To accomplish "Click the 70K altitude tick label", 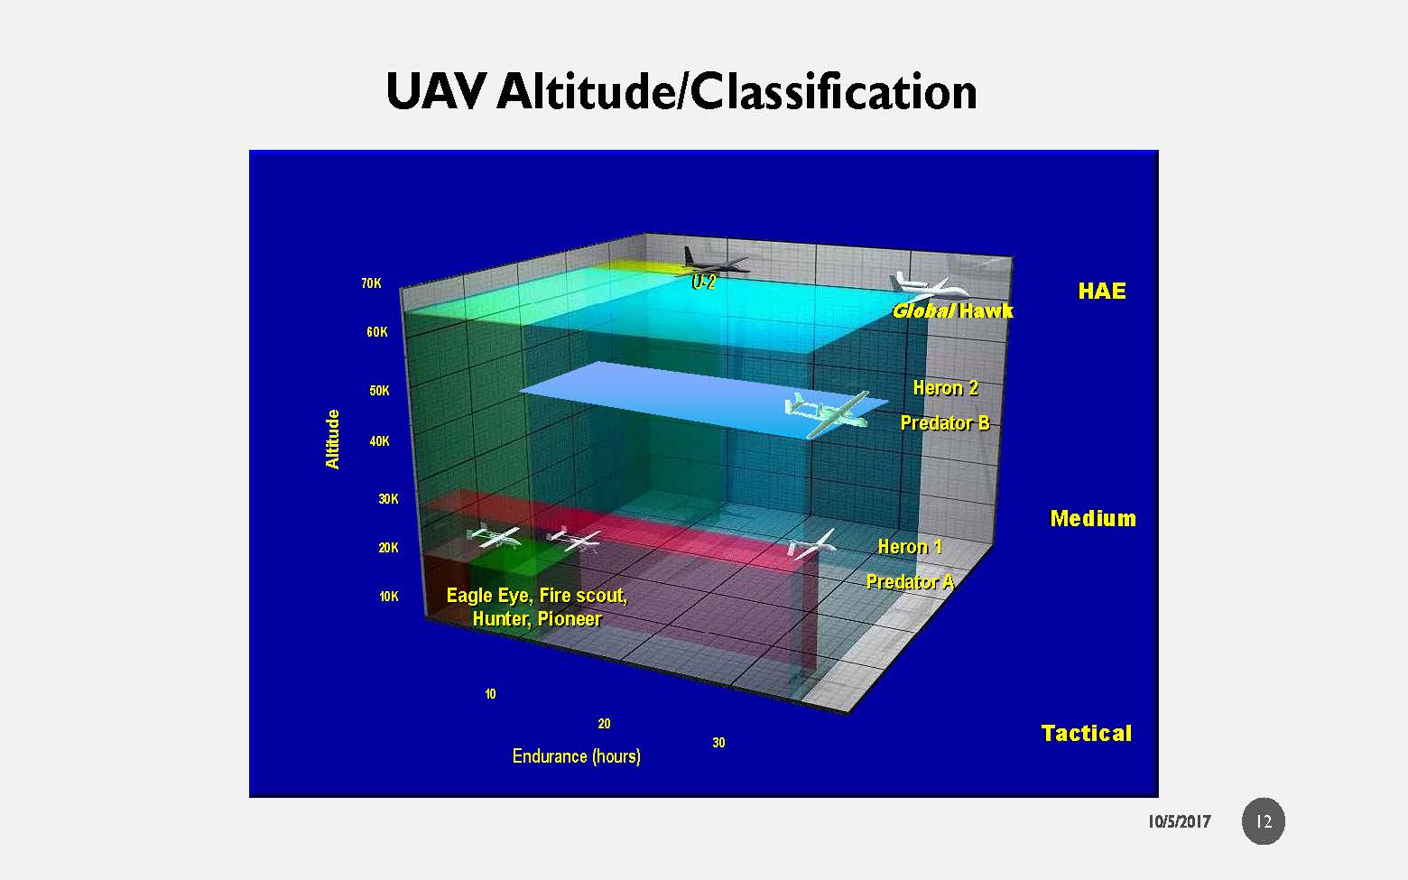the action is click(372, 283).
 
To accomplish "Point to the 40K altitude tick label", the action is click(380, 441).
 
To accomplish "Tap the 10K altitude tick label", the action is click(389, 597).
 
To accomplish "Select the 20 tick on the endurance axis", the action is click(604, 724).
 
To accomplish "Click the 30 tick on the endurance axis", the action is click(718, 743).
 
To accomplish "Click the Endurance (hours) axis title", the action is click(577, 756).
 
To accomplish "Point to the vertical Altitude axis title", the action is click(332, 440).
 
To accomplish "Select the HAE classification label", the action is click(1102, 291).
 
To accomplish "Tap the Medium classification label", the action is click(1093, 519).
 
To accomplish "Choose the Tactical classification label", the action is click(1087, 734).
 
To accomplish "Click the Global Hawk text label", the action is click(953, 310).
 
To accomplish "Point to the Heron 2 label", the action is click(945, 388).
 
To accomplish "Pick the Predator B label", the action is click(945, 423).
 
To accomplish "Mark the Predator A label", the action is click(910, 582).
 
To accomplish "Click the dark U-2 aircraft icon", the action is click(715, 261).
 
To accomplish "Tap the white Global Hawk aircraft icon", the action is click(929, 287).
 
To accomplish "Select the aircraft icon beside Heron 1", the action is click(812, 544).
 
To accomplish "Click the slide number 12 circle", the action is click(1264, 821).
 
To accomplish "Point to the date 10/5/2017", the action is click(1179, 822).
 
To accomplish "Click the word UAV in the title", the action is click(436, 92).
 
